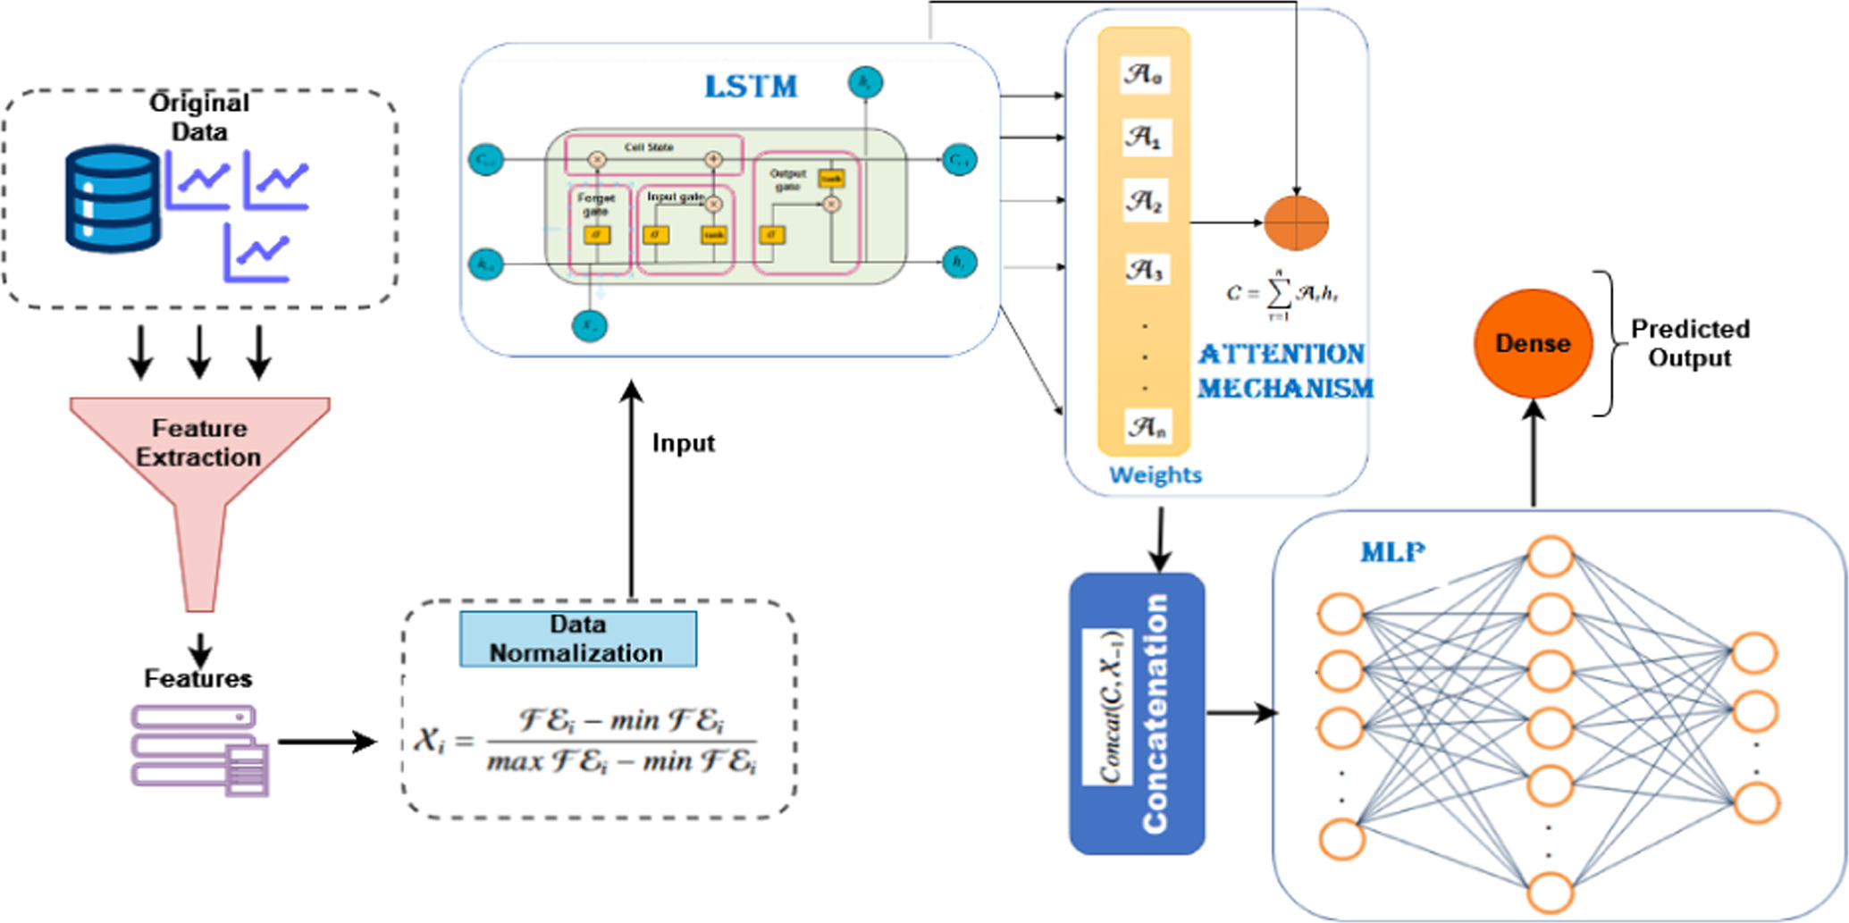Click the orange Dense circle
(x=1533, y=343)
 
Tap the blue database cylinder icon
(x=113, y=198)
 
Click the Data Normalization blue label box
(x=577, y=639)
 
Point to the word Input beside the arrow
(x=683, y=443)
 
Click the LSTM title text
(x=751, y=87)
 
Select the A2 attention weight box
(x=1144, y=202)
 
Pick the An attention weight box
(x=1145, y=427)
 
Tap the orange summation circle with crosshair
(x=1296, y=222)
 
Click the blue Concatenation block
(x=1137, y=714)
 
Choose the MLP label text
(x=1391, y=553)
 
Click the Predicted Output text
(x=1689, y=343)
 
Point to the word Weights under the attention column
(x=1155, y=474)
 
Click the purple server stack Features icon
(x=199, y=751)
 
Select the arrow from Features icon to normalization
(x=326, y=742)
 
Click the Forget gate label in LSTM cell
(x=595, y=204)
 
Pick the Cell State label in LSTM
(x=649, y=147)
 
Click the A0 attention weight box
(x=1143, y=74)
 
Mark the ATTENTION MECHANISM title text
(x=1283, y=371)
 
